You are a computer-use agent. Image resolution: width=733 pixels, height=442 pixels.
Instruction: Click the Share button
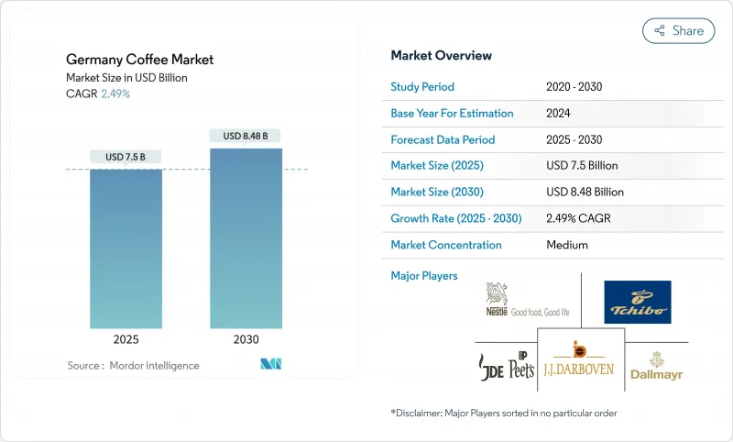pos(679,30)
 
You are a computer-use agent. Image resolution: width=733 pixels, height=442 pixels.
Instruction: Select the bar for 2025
pos(126,248)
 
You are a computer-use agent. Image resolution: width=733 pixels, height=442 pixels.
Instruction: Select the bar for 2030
pos(246,238)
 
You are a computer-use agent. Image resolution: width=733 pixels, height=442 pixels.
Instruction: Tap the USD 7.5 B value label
pos(126,157)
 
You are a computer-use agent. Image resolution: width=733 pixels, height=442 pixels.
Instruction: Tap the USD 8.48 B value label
pos(246,136)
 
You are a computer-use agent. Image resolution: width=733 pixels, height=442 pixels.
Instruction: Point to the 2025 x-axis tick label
pos(126,339)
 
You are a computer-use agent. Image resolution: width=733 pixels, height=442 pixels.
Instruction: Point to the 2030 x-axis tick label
pos(246,339)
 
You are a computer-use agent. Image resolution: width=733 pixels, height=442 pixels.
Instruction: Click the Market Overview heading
pos(441,56)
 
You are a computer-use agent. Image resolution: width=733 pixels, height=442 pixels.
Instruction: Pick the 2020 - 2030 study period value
pos(574,87)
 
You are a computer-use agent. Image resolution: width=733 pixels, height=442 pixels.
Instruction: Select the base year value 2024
pos(560,114)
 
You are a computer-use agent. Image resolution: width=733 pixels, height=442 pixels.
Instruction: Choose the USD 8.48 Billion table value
pos(585,193)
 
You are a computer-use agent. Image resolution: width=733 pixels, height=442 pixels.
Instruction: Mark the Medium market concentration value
pos(567,245)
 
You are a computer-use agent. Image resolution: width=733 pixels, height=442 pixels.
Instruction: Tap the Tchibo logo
pos(638,303)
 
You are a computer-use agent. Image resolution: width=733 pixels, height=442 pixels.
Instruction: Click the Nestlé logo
pos(526,301)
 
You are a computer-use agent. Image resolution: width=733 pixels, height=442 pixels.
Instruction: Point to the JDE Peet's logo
pos(507,366)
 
